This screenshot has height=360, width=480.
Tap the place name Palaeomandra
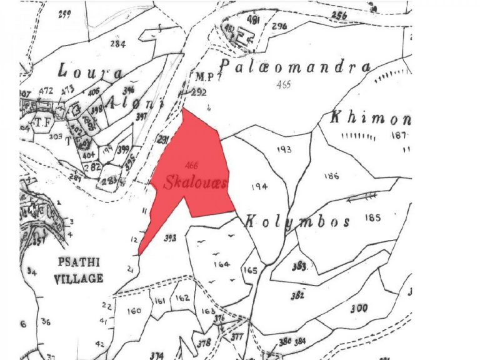(294, 67)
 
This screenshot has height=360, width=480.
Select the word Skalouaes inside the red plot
(195, 183)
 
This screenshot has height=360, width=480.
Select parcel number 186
(331, 177)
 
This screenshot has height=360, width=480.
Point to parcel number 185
(374, 218)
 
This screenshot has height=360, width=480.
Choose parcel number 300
(359, 307)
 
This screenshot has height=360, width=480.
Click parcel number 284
(117, 44)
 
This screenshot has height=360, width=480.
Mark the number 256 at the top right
(339, 16)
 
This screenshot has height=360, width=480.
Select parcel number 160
(134, 311)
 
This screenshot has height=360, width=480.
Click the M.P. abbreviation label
(202, 77)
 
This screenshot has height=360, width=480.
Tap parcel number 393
(170, 237)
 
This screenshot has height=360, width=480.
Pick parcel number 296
(279, 26)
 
